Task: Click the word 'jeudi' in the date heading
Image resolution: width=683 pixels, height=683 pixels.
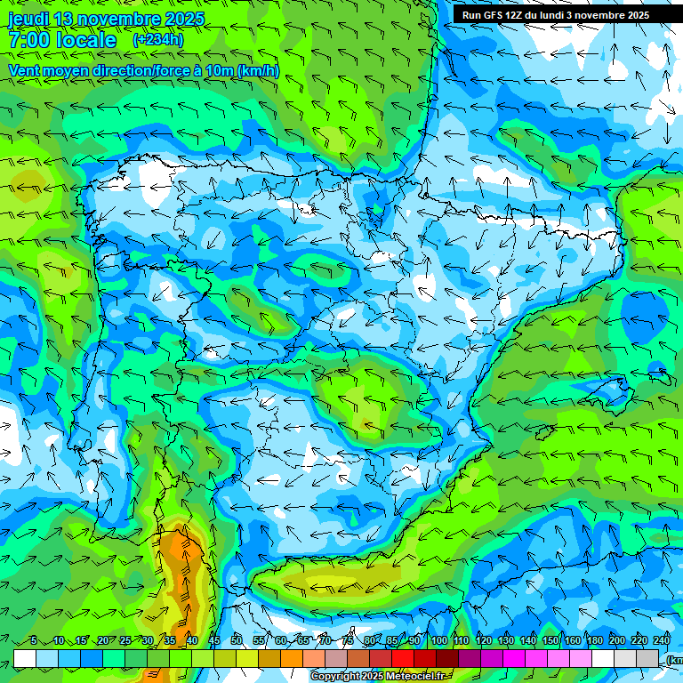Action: pyautogui.click(x=28, y=19)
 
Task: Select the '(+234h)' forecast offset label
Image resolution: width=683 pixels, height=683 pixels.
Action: pyautogui.click(x=157, y=40)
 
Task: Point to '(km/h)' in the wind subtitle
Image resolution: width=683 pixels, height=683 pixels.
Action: pyautogui.click(x=258, y=71)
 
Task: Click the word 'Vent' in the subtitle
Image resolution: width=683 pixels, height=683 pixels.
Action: pyautogui.click(x=26, y=71)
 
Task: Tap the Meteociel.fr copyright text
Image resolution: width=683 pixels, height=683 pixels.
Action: pyautogui.click(x=383, y=677)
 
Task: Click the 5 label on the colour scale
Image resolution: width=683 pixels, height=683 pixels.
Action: pyautogui.click(x=33, y=640)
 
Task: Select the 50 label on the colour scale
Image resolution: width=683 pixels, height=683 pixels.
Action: pyautogui.click(x=236, y=640)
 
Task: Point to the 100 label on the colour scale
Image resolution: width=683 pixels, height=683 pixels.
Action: pyautogui.click(x=438, y=640)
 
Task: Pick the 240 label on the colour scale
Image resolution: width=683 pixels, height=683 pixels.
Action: pyautogui.click(x=662, y=640)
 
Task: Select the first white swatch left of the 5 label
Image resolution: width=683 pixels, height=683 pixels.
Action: pyautogui.click(x=25, y=658)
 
